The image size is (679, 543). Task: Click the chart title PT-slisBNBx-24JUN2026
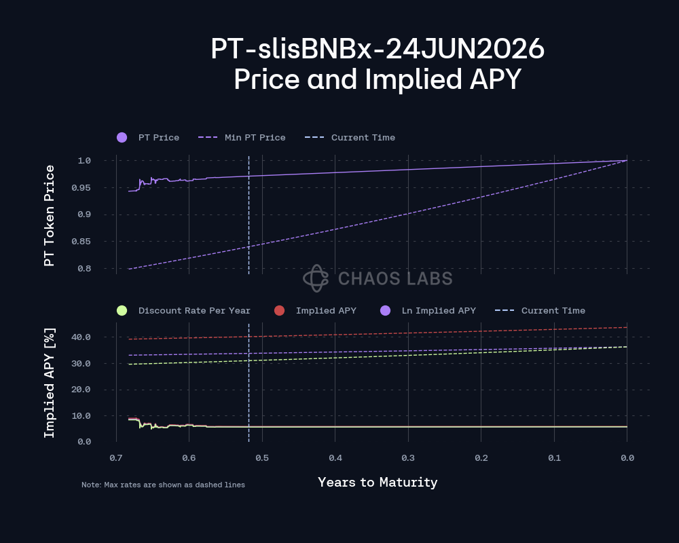click(377, 49)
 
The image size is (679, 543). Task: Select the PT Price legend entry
click(158, 138)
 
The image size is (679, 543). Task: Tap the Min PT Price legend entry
click(255, 138)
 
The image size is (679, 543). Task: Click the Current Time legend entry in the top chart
click(363, 138)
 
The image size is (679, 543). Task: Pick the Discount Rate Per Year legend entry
click(194, 311)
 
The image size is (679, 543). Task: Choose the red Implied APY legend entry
click(326, 311)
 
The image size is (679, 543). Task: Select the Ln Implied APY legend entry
click(439, 311)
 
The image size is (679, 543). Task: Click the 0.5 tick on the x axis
click(262, 458)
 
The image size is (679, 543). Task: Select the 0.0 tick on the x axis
click(627, 458)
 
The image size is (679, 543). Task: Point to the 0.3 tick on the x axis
click(408, 458)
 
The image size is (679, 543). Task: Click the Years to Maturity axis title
click(378, 483)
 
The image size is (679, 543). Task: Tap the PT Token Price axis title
click(49, 214)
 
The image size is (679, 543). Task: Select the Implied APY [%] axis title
click(49, 383)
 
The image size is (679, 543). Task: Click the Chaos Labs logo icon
click(316, 278)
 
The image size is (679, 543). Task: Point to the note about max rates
click(163, 485)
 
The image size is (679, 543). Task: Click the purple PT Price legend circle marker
click(122, 138)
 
